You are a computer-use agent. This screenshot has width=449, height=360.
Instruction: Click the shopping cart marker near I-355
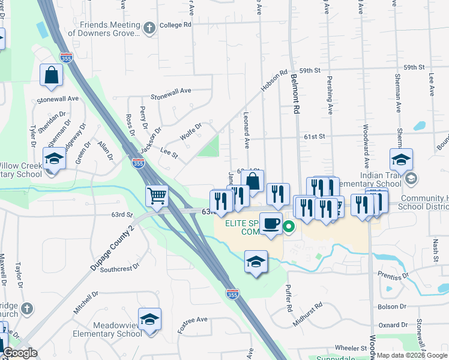(x=157, y=196)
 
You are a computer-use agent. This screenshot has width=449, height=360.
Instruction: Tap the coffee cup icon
(x=271, y=223)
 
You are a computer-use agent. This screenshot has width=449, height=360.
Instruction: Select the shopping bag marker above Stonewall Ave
(x=51, y=75)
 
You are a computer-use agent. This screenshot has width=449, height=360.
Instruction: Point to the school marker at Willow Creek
(x=55, y=159)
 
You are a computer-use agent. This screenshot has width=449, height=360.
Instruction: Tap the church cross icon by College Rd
(x=149, y=26)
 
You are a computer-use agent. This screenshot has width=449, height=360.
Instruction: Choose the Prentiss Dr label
(x=393, y=275)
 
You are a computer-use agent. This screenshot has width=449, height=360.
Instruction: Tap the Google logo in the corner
(x=20, y=353)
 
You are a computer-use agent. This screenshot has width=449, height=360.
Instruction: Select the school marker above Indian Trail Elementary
(x=401, y=159)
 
